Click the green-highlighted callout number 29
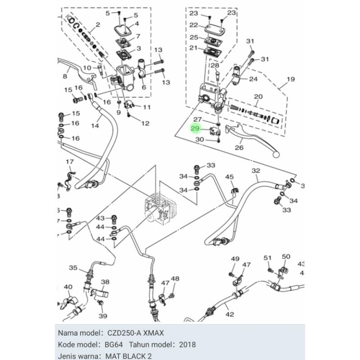tap(195, 128)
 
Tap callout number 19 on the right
tap(290, 80)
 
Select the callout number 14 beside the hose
tap(95, 126)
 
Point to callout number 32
tap(256, 171)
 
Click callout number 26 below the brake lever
tap(239, 147)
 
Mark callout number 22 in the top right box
tap(193, 25)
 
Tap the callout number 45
tap(229, 177)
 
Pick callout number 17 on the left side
tap(70, 162)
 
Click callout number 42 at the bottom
tap(229, 315)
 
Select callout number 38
tap(105, 283)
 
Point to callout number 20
tap(258, 97)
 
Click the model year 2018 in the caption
tap(187, 345)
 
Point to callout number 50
tap(286, 256)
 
